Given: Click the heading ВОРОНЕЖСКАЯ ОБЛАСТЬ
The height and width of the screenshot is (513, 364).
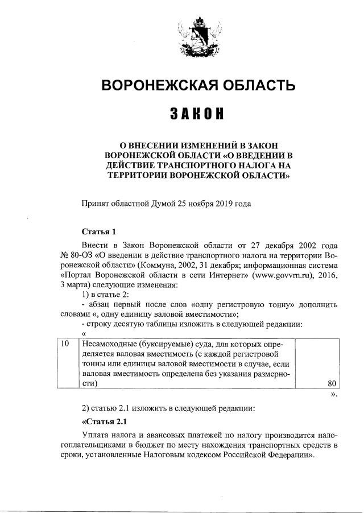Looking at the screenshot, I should (x=197, y=86).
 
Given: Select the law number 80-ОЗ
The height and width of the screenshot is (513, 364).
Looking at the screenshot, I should (x=80, y=254).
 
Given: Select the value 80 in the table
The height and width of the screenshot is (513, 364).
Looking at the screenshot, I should (x=333, y=383).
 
